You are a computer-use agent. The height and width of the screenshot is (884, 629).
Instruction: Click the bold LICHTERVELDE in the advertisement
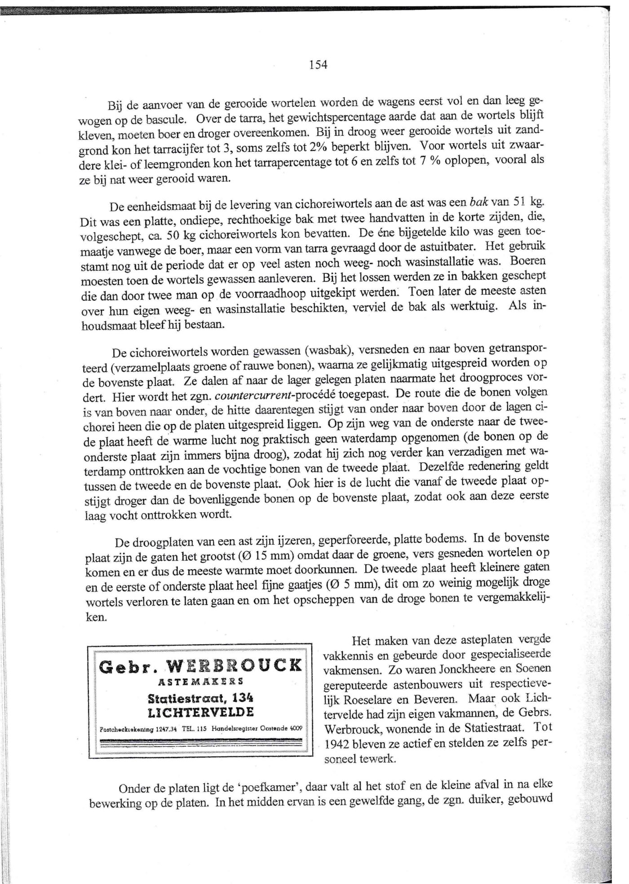201,712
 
